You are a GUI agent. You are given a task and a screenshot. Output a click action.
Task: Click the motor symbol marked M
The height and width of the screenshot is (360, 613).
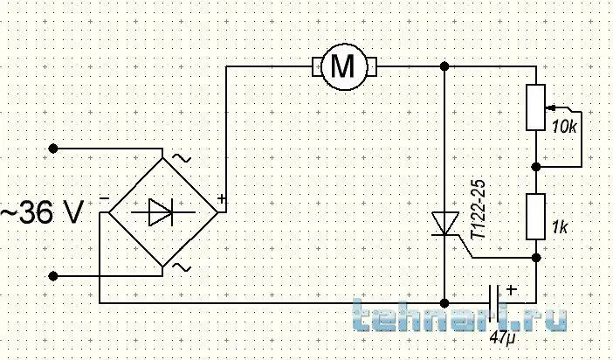344,66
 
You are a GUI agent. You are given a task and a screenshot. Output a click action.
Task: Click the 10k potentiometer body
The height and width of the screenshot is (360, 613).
535,107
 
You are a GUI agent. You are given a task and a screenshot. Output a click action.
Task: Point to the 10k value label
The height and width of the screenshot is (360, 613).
564,127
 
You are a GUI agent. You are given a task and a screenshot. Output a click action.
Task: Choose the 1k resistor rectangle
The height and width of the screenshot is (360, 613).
535,217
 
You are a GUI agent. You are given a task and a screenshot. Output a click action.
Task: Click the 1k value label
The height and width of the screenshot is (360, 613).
560,227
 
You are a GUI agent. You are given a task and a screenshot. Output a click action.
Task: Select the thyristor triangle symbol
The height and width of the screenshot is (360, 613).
444,225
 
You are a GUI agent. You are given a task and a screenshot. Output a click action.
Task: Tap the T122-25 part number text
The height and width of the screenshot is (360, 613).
479,210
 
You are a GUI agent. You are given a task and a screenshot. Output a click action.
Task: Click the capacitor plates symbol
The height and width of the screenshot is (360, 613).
494,303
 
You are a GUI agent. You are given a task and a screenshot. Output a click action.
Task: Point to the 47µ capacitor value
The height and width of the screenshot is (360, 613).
502,337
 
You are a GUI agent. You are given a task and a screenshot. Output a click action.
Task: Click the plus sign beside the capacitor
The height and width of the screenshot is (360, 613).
512,289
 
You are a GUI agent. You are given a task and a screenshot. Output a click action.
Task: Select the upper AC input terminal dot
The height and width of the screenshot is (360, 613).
52,149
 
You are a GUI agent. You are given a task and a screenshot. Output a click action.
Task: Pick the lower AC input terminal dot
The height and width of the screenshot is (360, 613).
52,276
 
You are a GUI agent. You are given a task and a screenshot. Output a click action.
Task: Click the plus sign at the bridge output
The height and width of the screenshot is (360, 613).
222,198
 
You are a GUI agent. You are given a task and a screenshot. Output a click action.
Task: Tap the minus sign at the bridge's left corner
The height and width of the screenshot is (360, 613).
104,198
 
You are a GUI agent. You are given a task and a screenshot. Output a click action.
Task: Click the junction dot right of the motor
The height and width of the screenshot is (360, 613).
444,66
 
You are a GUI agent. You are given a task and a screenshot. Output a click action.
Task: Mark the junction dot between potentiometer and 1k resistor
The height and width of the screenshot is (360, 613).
536,167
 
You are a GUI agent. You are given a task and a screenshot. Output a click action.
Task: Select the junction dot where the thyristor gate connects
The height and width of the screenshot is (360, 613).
536,258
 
